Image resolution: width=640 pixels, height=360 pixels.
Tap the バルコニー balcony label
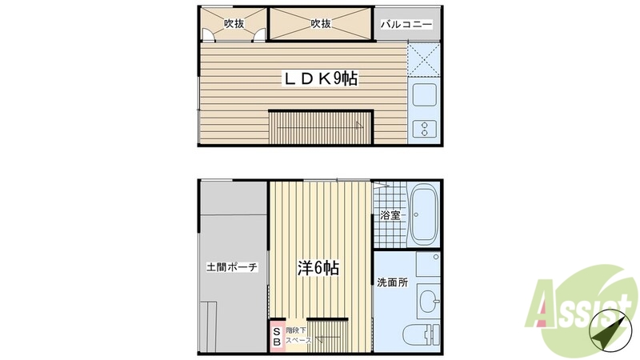406,25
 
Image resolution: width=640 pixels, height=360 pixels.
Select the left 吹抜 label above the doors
234,24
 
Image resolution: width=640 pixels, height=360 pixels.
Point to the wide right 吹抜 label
321,24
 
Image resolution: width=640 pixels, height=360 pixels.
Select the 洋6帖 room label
318,268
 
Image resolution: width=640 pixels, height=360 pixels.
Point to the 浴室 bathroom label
390,215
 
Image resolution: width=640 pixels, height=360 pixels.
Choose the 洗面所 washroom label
392,282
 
